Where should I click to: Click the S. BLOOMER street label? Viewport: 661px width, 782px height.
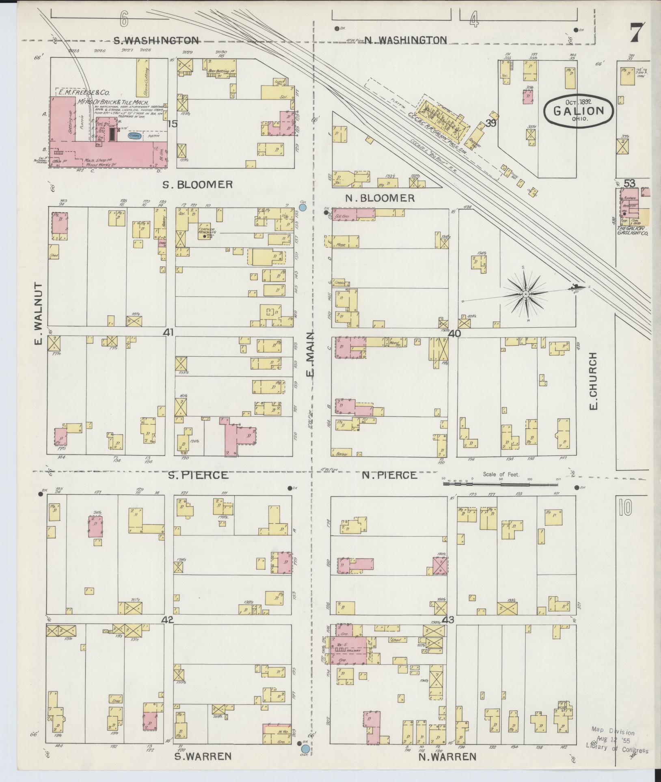click(198, 185)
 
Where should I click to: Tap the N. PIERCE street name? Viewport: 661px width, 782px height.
click(390, 475)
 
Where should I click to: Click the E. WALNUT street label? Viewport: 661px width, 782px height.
click(39, 314)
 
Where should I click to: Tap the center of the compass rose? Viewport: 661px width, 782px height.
click(525, 294)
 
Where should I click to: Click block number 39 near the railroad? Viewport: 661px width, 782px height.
click(491, 124)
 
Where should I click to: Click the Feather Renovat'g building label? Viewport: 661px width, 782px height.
click(207, 229)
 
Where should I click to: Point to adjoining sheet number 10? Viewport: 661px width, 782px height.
click(626, 507)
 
